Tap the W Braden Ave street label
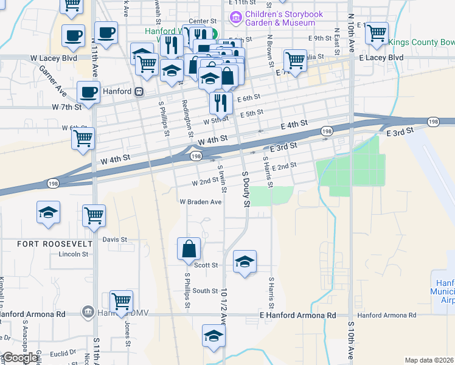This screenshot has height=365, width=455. pos(200,202)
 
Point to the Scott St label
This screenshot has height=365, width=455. pos(206,265)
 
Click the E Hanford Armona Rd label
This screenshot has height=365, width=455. pos(297,316)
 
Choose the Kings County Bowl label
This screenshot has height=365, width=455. pos(421,42)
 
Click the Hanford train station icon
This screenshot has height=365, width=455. pos(139,92)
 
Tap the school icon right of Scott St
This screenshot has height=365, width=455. pos(245,262)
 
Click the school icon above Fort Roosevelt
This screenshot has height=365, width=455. pos(48,212)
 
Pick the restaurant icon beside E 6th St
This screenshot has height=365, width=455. pos(221,102)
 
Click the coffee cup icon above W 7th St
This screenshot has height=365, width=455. pos(88,93)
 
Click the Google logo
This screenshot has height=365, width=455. pos(20,358)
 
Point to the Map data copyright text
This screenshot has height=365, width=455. pos(429,360)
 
